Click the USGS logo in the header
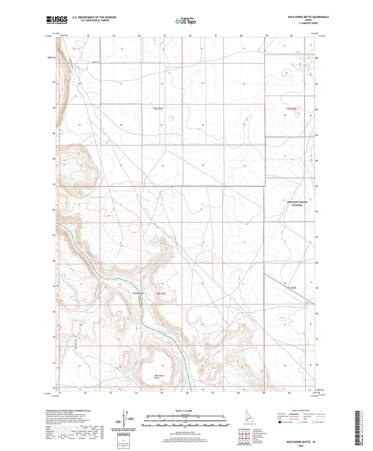(x=57, y=20)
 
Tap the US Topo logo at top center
(x=185, y=21)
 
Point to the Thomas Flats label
(x=138, y=293)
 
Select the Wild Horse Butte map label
(x=159, y=377)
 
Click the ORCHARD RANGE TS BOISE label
(x=297, y=203)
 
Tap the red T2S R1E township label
(x=158, y=109)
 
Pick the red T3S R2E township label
(x=291, y=288)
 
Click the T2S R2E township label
(x=291, y=109)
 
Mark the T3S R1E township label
(x=161, y=293)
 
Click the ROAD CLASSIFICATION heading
(x=300, y=410)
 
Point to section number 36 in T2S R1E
(x=244, y=166)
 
